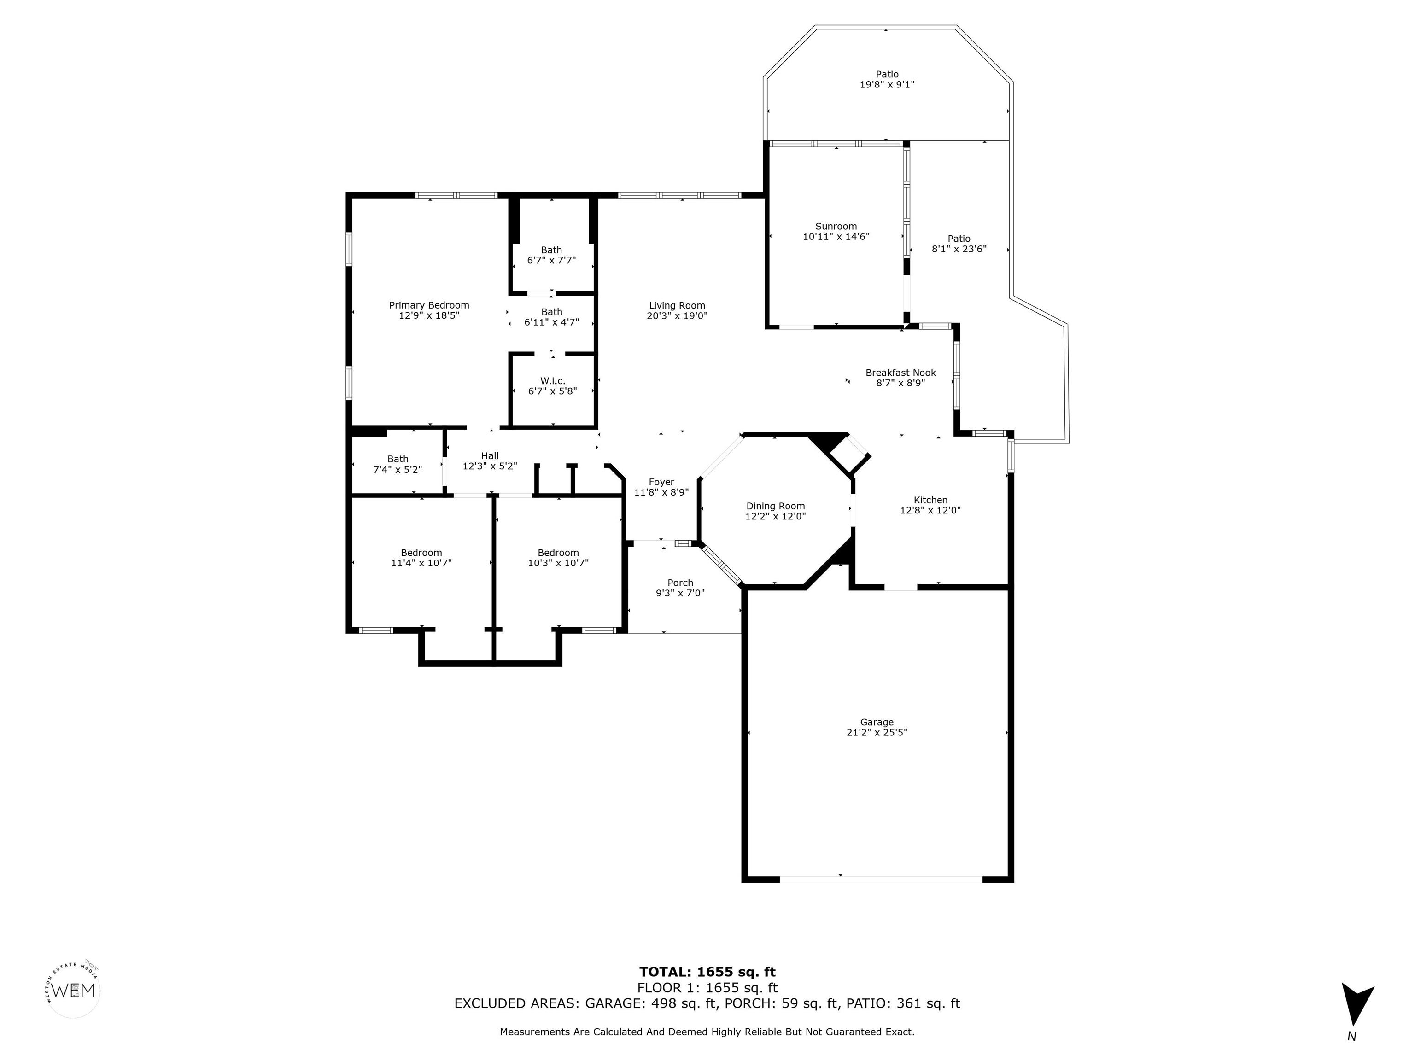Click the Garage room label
coord(877,722)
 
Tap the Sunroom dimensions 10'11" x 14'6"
coord(836,237)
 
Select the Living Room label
coord(677,306)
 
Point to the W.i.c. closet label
coord(552,381)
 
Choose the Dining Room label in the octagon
coord(775,506)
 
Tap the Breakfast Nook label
coord(900,373)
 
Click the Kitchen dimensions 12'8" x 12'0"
coord(930,510)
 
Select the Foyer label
coord(661,482)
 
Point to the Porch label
coord(680,583)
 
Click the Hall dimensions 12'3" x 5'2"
coord(489,466)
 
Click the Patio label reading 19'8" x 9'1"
coord(887,79)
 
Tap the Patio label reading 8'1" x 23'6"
coord(959,244)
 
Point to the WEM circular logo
coord(75,991)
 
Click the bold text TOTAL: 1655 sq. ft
coord(707,972)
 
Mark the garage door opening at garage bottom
coord(880,880)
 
